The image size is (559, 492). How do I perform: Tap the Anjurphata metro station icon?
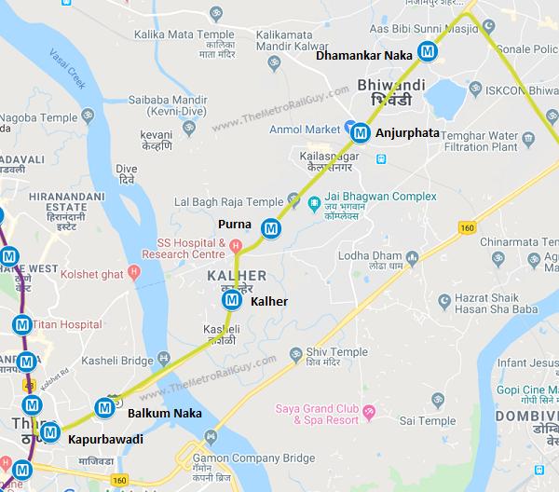(x=361, y=133)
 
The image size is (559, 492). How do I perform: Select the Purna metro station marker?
(x=271, y=227)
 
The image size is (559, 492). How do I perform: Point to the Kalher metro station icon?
(x=231, y=300)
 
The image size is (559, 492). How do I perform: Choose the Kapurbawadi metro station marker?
(x=50, y=432)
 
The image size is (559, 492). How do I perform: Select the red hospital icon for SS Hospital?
(x=237, y=246)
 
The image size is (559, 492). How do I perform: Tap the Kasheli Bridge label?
(x=116, y=360)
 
